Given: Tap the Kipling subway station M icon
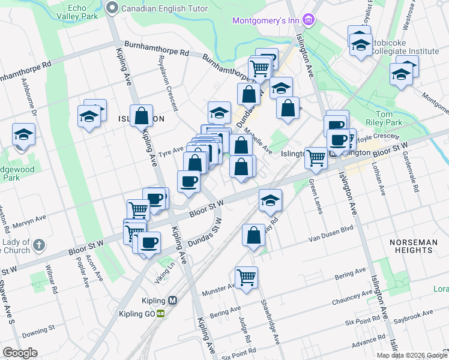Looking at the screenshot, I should pos(173,301).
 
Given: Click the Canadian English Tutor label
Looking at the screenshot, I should pos(164,8).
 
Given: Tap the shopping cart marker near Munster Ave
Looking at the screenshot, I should pos(247,277).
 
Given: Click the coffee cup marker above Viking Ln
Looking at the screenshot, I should pos(149,243).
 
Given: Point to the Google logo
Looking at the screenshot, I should pos(20,352).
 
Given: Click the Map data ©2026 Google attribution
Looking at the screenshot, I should pos(412,355).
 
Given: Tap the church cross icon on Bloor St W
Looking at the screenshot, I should pos(39,245).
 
